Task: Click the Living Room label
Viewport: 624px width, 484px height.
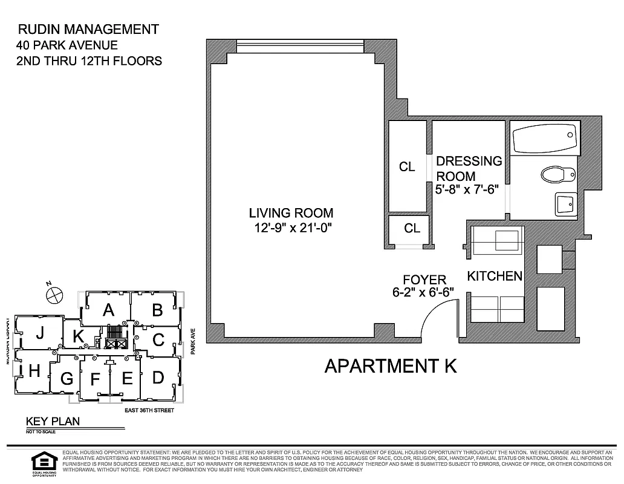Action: tap(291, 213)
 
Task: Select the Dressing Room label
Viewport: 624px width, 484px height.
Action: tap(469, 168)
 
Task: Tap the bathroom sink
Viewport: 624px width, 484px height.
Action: tap(566, 204)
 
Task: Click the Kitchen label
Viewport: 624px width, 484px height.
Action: tap(494, 276)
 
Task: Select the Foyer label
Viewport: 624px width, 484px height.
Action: tap(424, 280)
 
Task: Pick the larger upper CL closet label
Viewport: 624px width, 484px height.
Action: tap(408, 167)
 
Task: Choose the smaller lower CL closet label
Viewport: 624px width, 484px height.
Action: tap(412, 228)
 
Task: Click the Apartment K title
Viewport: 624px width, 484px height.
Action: tap(390, 366)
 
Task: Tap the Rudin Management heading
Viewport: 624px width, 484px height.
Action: tap(88, 29)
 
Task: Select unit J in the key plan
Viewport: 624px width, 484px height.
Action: tap(40, 333)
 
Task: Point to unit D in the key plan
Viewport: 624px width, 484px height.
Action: tap(158, 378)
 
